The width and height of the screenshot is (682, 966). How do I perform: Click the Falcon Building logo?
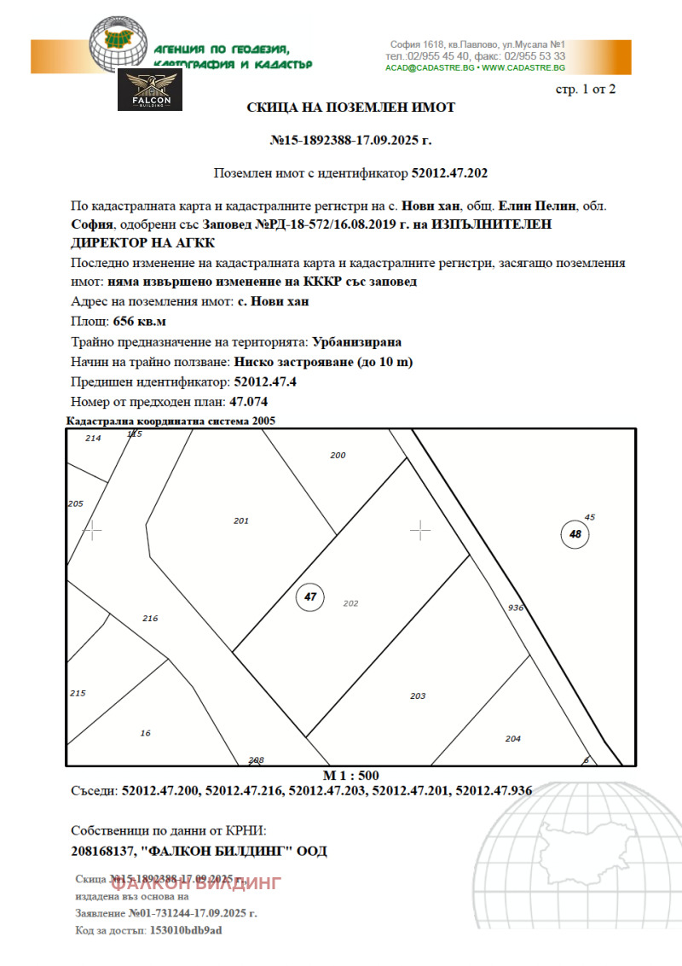(x=150, y=90)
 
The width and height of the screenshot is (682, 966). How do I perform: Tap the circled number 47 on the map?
(x=309, y=597)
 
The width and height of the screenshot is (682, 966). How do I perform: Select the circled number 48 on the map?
(x=575, y=535)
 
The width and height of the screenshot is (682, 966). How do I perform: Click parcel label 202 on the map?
(x=350, y=603)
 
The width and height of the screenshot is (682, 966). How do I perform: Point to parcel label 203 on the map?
(x=418, y=696)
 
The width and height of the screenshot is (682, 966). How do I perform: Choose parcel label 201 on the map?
(x=241, y=521)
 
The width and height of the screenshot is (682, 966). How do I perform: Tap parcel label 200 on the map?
(x=338, y=456)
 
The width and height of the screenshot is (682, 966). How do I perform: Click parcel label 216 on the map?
(x=150, y=618)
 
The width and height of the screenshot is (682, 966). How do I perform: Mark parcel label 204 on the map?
(x=512, y=739)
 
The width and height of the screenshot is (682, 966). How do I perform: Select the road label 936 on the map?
(x=515, y=608)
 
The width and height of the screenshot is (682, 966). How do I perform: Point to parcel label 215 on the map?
(x=78, y=693)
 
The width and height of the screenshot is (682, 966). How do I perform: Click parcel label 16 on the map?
(x=145, y=733)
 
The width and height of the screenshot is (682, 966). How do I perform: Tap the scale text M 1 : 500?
(x=350, y=776)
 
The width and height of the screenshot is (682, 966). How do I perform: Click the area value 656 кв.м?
(x=140, y=322)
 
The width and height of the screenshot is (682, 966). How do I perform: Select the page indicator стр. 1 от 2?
(x=585, y=89)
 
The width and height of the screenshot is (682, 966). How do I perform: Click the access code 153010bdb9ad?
(x=185, y=930)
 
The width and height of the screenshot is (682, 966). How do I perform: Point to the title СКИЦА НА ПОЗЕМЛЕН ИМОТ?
(x=350, y=108)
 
